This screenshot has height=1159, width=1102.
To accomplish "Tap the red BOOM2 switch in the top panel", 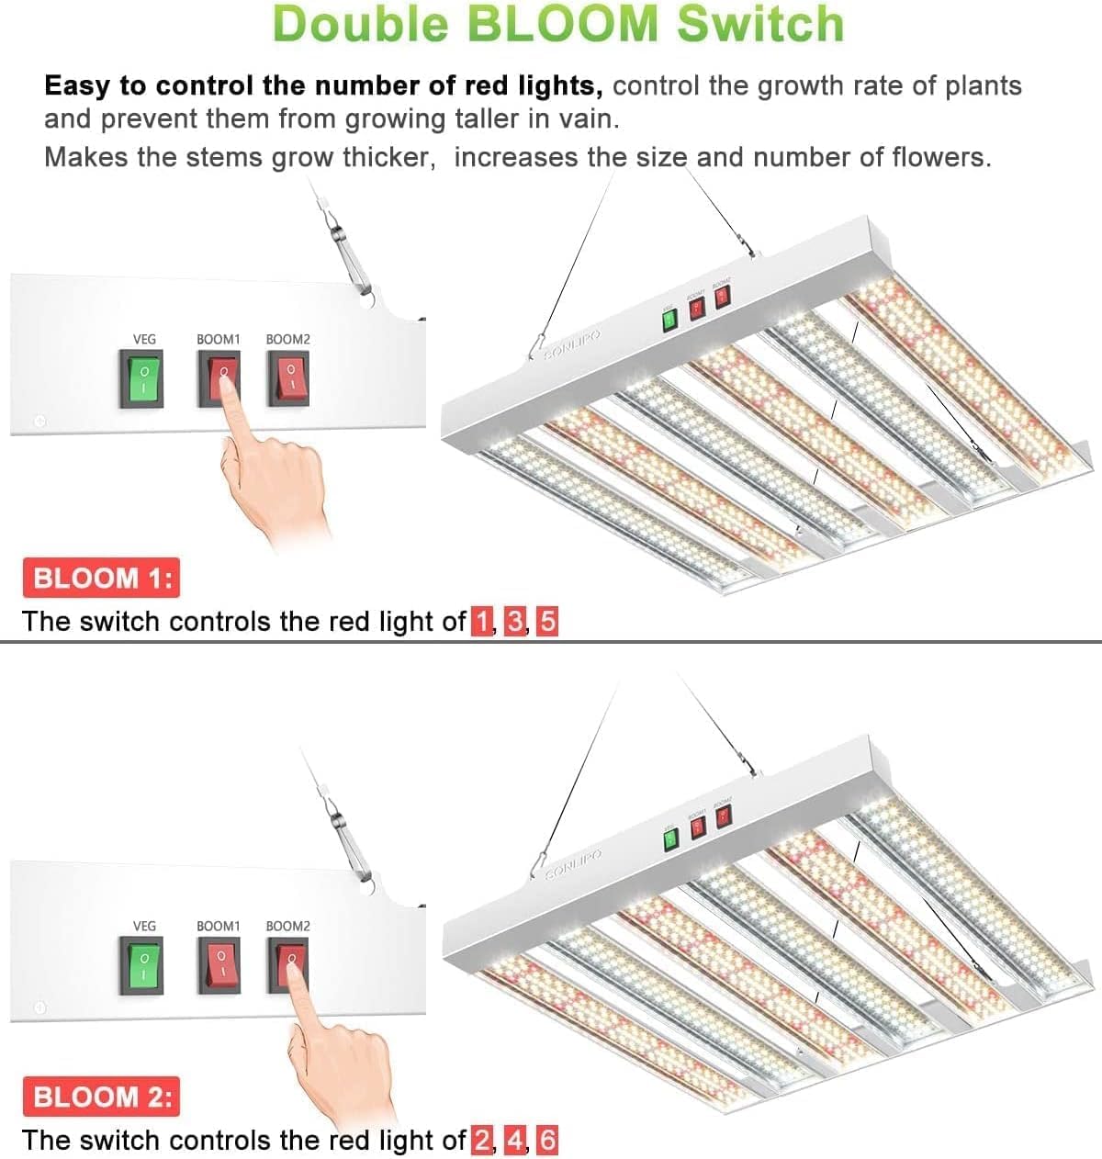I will click(x=288, y=379).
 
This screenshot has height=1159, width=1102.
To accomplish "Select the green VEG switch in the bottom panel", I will click(x=141, y=966).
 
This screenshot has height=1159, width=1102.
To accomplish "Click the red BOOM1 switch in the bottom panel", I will click(x=219, y=966).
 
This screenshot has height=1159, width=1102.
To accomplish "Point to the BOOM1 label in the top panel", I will click(x=218, y=340).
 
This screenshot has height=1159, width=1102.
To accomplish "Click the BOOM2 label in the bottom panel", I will click(x=287, y=927).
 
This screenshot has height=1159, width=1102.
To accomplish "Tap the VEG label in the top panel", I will click(x=144, y=340).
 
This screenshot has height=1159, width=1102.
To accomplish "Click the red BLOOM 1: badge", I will click(x=101, y=579).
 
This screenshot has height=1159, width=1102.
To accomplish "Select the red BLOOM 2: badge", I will click(x=101, y=1097).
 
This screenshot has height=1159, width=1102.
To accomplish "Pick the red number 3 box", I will click(x=515, y=622).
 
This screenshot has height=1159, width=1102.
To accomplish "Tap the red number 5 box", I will click(x=547, y=622).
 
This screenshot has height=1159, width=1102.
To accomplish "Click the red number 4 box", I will click(x=515, y=1141).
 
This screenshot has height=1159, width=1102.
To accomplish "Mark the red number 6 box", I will click(x=547, y=1141).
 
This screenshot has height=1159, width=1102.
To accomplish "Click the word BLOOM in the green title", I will click(x=566, y=25).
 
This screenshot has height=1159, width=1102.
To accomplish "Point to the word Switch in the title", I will click(x=760, y=25).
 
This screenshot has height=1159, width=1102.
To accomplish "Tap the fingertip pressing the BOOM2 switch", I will click(x=292, y=962).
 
